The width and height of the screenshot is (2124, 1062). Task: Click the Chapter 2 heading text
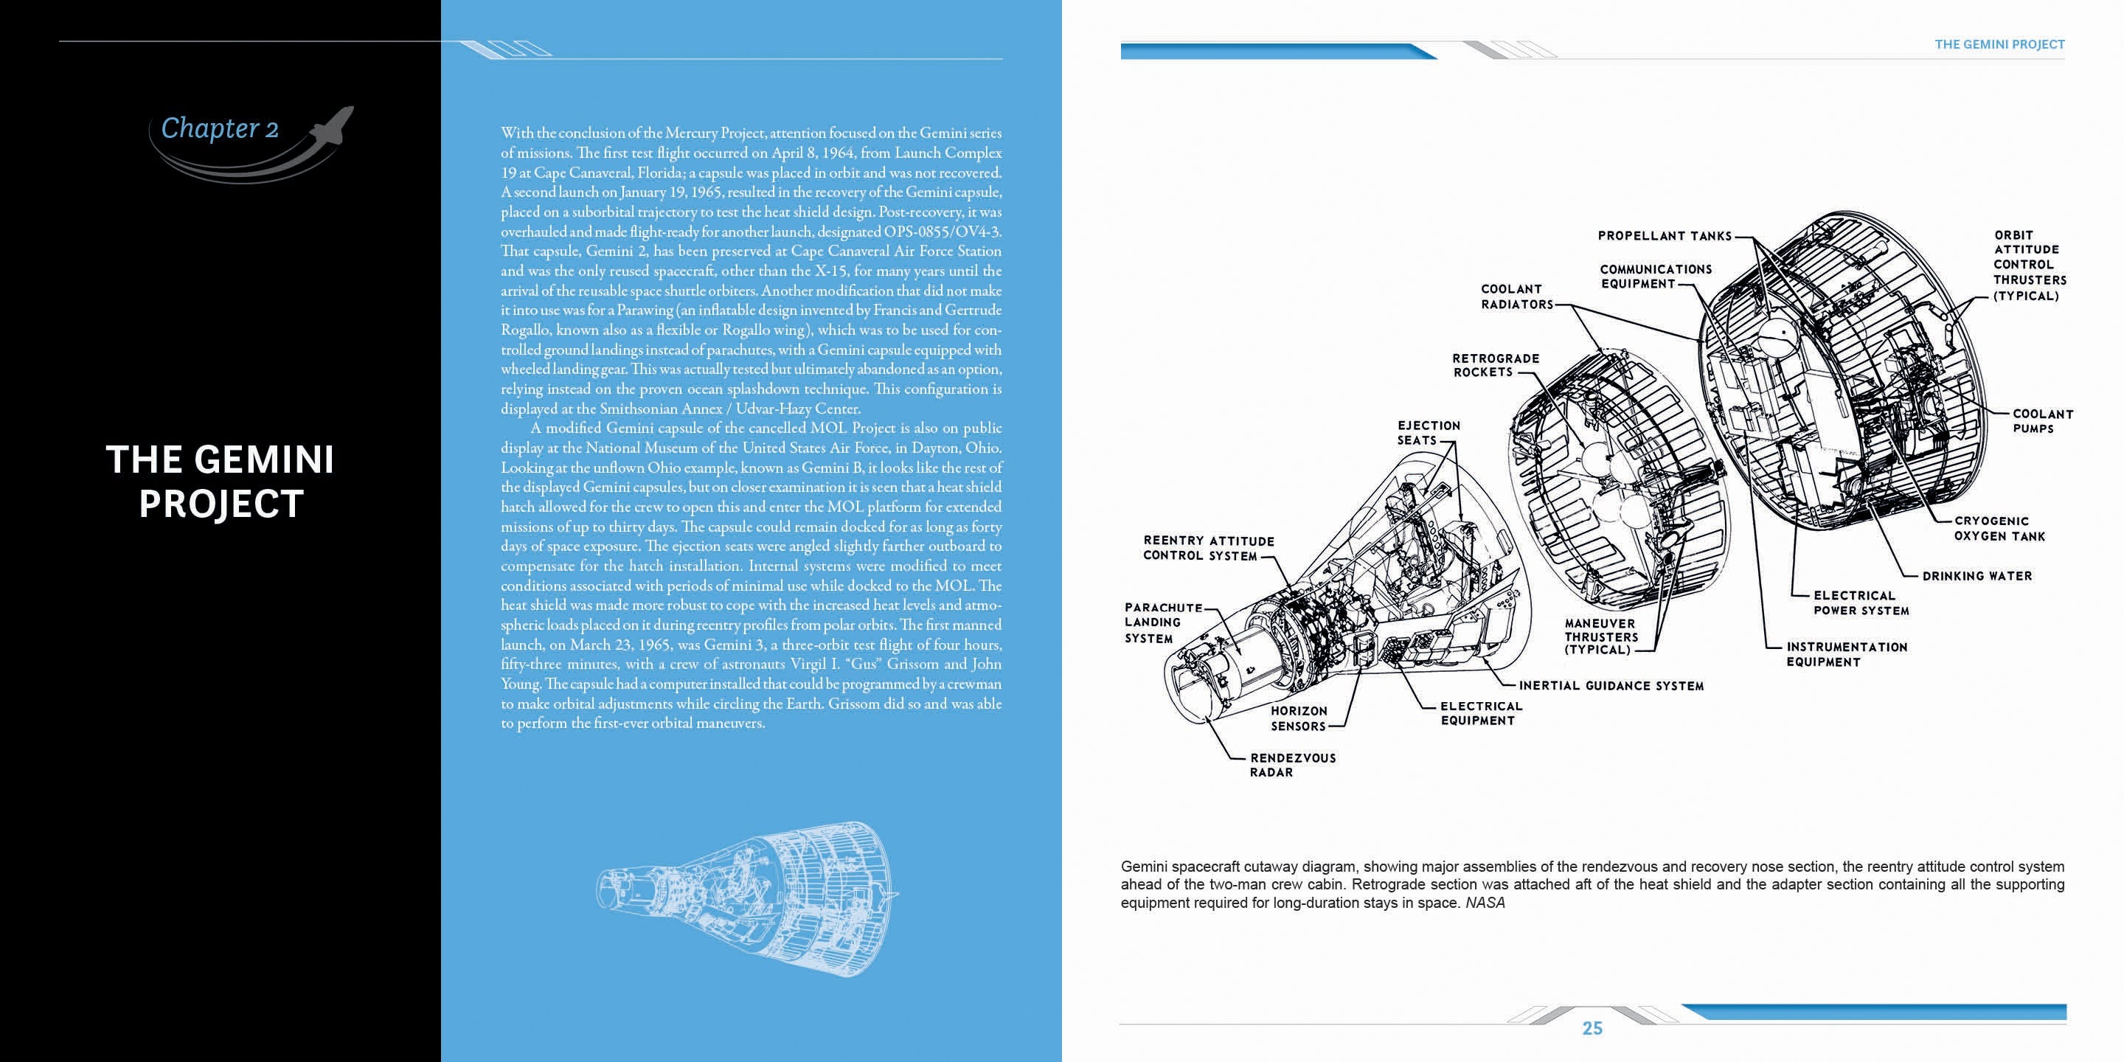pos(219,128)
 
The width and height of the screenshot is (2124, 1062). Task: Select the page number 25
pos(1592,1028)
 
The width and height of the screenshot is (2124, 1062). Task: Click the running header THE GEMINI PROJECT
pos(1999,44)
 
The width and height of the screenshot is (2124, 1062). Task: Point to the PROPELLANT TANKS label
pos(1665,236)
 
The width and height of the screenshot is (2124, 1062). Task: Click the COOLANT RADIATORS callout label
pos(1516,296)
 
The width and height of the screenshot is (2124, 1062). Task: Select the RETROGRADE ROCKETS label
pos(1495,365)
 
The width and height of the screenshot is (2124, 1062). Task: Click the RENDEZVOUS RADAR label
pos(1292,766)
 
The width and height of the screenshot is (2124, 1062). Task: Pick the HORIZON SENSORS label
pos(1299,718)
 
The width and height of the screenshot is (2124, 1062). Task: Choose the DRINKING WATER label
pos(1977,576)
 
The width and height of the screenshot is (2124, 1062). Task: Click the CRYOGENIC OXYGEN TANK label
pos(1999,529)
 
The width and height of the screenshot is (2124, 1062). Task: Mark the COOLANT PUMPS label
pos(2041,421)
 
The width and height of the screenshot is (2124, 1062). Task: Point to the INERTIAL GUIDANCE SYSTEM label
pos(1611,686)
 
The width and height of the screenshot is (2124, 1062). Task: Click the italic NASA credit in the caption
pos(1485,903)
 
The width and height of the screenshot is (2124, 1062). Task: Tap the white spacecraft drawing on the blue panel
pos(746,895)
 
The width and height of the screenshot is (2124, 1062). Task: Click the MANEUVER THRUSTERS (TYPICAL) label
pos(1600,636)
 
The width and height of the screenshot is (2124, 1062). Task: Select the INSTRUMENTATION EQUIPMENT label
pos(1846,655)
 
